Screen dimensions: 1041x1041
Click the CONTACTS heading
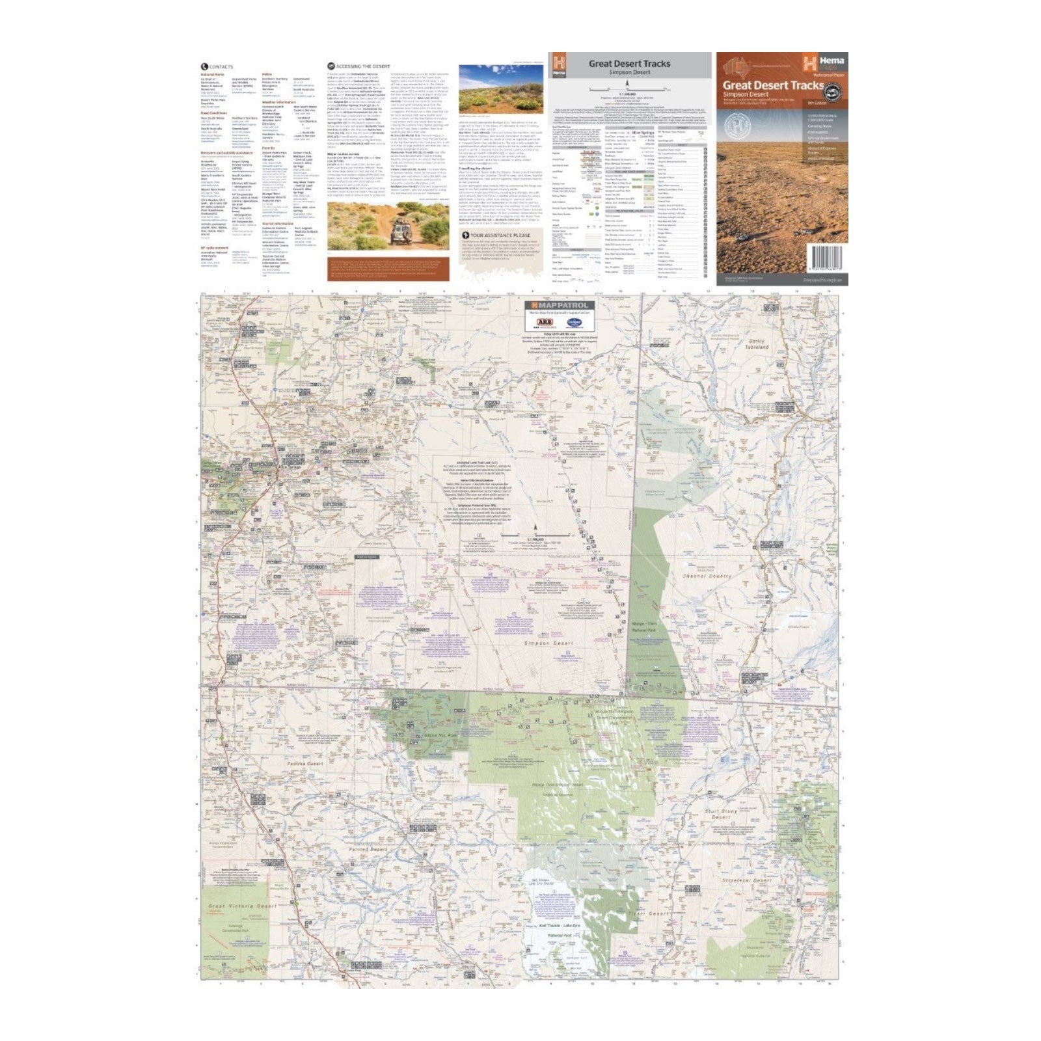(x=220, y=67)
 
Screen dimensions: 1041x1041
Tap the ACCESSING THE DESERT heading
(x=362, y=66)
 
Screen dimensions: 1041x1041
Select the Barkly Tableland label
(x=757, y=344)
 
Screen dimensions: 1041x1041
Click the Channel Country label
(x=707, y=576)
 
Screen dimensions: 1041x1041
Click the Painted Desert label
(x=368, y=849)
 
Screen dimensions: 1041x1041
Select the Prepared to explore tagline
(x=822, y=280)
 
